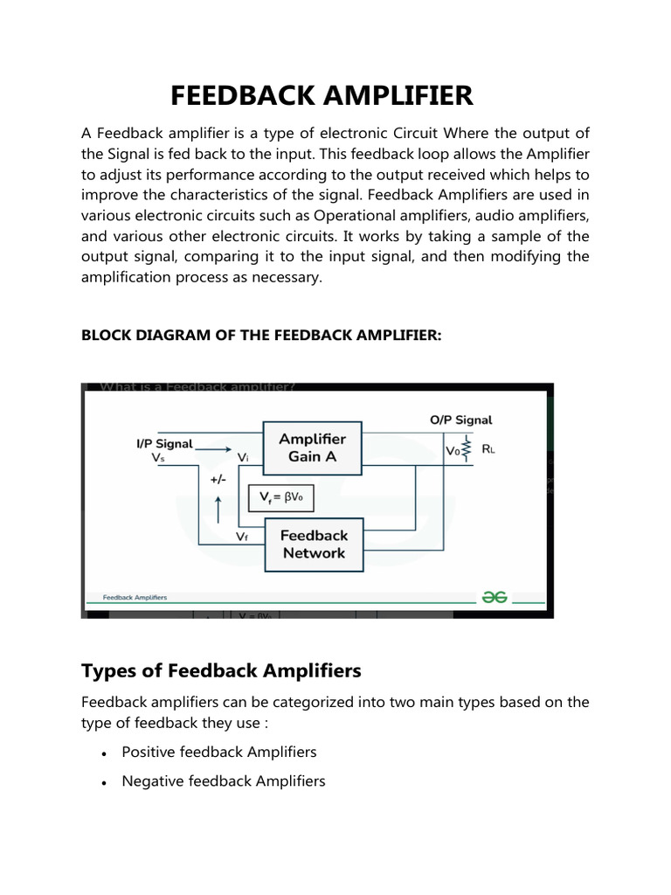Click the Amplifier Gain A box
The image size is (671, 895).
(x=312, y=447)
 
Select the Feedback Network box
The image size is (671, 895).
(x=314, y=544)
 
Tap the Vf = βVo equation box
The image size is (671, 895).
(x=280, y=498)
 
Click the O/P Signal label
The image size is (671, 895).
(x=461, y=420)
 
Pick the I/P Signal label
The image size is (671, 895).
(x=163, y=443)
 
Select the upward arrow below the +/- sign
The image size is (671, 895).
(x=219, y=506)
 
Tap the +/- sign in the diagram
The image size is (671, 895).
(x=218, y=480)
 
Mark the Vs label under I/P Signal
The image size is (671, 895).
(x=157, y=457)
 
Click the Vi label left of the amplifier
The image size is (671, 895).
(x=246, y=457)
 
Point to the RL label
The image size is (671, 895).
(x=489, y=452)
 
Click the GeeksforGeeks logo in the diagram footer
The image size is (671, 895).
(x=494, y=597)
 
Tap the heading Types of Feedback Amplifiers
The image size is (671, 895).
(x=221, y=670)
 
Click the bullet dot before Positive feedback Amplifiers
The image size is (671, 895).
(x=104, y=753)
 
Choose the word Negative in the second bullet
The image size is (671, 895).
(x=153, y=781)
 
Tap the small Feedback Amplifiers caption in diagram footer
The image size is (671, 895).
(x=135, y=598)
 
